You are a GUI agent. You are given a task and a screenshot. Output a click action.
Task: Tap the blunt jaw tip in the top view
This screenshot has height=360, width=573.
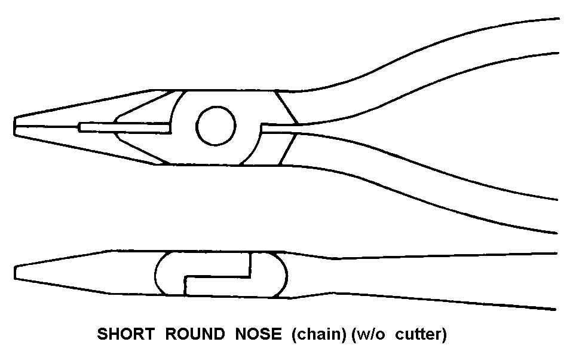[16, 127]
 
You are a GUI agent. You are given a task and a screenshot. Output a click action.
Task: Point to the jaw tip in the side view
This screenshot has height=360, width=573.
[17, 272]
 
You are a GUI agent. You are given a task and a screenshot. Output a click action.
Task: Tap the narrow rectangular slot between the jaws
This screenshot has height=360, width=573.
[125, 127]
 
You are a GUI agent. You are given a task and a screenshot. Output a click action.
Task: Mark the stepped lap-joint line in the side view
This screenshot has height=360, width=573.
[219, 276]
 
